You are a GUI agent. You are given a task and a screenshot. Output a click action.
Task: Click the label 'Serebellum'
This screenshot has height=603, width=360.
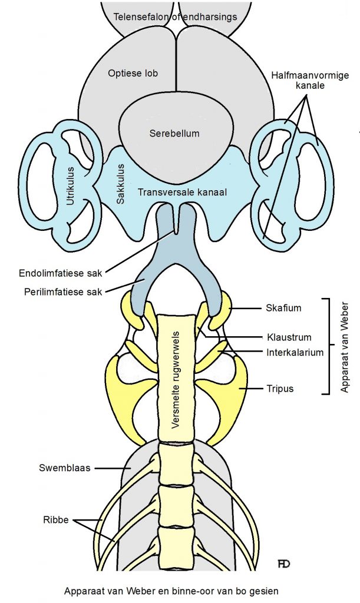pos(174,133)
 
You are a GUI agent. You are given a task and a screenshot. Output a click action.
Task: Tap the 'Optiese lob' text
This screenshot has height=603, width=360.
pos(133,73)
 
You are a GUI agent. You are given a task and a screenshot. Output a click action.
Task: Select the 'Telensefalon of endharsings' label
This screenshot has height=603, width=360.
pos(176,16)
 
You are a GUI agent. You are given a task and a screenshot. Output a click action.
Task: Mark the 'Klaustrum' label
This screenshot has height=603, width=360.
pos(289,338)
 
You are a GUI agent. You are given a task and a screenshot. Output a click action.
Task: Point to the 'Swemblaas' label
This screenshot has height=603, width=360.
pos(65,469)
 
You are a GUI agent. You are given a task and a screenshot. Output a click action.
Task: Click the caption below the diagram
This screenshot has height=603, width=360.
pos(171,588)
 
